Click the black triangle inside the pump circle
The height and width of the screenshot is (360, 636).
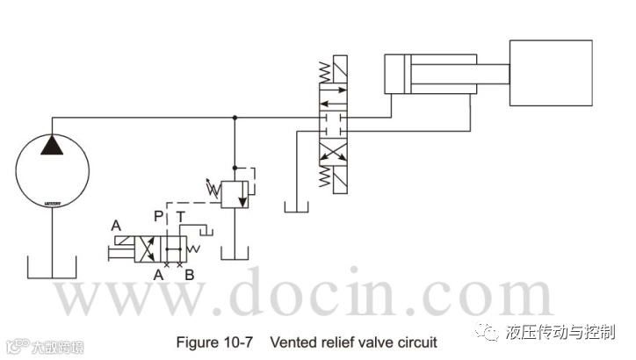coord(54,143)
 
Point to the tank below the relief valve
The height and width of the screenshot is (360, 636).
coord(234,253)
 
